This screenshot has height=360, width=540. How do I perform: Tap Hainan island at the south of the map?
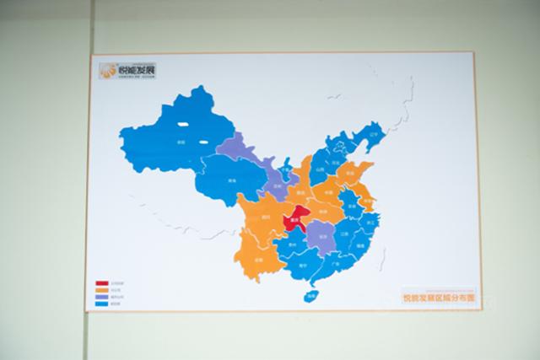tap(312, 295)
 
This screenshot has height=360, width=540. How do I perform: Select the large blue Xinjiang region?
tap(173, 139)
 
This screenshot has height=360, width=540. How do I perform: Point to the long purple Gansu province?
tap(249, 156)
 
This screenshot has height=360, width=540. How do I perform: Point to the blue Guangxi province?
tap(300, 265)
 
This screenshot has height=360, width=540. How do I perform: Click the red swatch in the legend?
tap(101, 283)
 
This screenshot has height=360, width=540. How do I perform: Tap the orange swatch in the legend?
tap(101, 289)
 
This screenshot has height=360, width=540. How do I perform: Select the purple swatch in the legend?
tap(101, 296)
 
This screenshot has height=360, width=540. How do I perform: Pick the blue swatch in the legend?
tap(101, 303)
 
